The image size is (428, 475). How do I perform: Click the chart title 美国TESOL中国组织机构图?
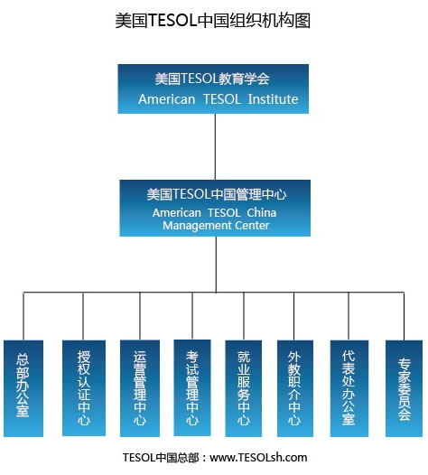pyautogui.click(x=213, y=21)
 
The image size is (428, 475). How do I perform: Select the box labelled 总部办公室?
pyautogui.click(x=23, y=388)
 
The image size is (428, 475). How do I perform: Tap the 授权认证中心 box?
pyautogui.click(x=84, y=388)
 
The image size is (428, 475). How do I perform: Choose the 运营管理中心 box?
pyautogui.click(x=140, y=388)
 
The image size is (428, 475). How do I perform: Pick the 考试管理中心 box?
pyautogui.click(x=192, y=387)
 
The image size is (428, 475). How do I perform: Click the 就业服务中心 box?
pyautogui.click(x=244, y=388)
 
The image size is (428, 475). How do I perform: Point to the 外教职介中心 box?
pyautogui.click(x=295, y=388)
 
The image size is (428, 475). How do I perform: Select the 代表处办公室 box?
pyautogui.click(x=349, y=388)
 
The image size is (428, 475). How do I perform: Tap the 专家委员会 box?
pyautogui.click(x=404, y=388)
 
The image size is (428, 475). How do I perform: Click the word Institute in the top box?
pyautogui.click(x=273, y=99)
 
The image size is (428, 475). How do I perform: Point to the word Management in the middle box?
pyautogui.click(x=195, y=226)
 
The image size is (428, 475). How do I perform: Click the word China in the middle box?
pyautogui.click(x=261, y=212)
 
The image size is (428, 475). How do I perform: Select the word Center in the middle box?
pyautogui.click(x=252, y=226)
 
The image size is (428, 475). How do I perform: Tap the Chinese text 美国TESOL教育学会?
pyautogui.click(x=212, y=79)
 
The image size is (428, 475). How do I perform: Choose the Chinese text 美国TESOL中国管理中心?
pyautogui.click(x=217, y=194)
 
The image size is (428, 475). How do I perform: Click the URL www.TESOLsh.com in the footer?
pyautogui.click(x=258, y=457)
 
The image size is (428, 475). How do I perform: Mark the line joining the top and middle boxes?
pyautogui.click(x=215, y=146)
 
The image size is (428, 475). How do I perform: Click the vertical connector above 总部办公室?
pyautogui.click(x=23, y=316)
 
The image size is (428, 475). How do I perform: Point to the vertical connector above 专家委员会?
pyautogui.click(x=404, y=316)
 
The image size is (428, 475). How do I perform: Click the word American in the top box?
pyautogui.click(x=167, y=99)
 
